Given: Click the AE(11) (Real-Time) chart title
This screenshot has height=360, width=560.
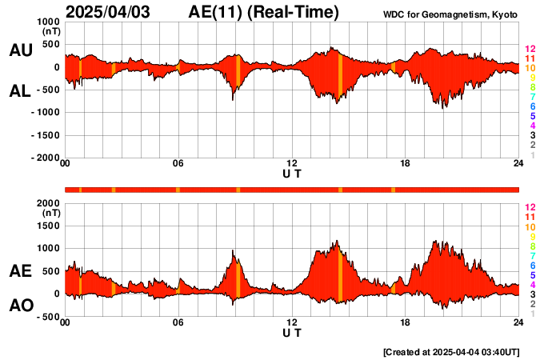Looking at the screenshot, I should pyautogui.click(x=263, y=12).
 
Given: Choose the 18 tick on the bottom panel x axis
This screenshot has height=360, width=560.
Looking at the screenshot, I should pyautogui.click(x=405, y=323).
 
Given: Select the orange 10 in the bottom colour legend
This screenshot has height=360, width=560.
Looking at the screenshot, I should pyautogui.click(x=529, y=227).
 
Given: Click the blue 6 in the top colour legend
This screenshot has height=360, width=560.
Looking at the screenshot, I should pyautogui.click(x=530, y=106).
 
